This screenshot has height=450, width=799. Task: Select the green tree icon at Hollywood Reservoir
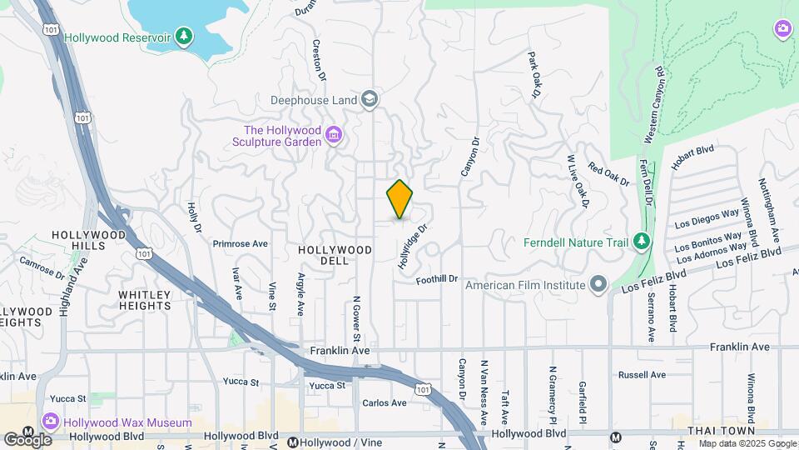[x=184, y=37]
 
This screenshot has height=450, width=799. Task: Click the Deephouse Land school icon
[x=370, y=100]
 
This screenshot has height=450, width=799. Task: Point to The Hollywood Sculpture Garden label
[x=282, y=136]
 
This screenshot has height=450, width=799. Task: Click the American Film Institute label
[x=525, y=285]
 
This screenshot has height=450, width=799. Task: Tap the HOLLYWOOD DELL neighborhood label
[x=335, y=250]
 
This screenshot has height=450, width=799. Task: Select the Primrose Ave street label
[x=241, y=244]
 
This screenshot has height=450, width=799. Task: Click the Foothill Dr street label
[x=438, y=280]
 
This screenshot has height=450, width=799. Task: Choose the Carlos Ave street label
[x=385, y=403]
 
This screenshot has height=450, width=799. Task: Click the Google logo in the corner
[x=27, y=439]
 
